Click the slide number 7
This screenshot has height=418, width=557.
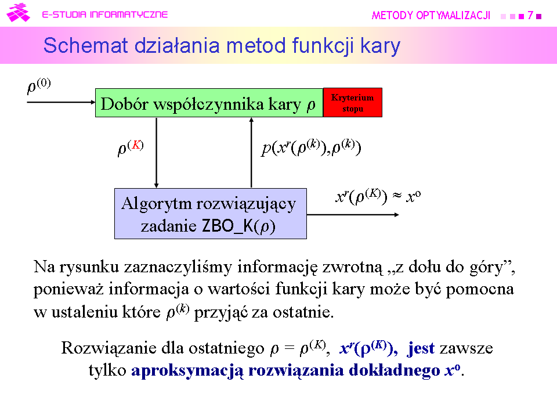pos(530,15)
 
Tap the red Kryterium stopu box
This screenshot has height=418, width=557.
pos(352,102)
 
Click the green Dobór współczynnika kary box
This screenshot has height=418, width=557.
pos(209,103)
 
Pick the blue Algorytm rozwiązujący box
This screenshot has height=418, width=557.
pos(210,214)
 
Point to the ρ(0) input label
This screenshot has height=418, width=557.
pos(39,86)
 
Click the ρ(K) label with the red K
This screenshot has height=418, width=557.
pos(131,147)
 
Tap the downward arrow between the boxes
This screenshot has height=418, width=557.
pos(156,153)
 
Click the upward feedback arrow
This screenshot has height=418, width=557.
pos(251,153)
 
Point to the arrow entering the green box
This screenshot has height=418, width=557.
pos(61,102)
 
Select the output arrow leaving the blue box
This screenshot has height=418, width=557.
pos(353,215)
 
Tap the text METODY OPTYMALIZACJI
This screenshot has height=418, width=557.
pos(431,15)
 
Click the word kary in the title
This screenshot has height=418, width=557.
pos(380,46)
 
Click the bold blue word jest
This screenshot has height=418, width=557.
pos(421,348)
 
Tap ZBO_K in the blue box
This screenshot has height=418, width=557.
pos(227,225)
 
